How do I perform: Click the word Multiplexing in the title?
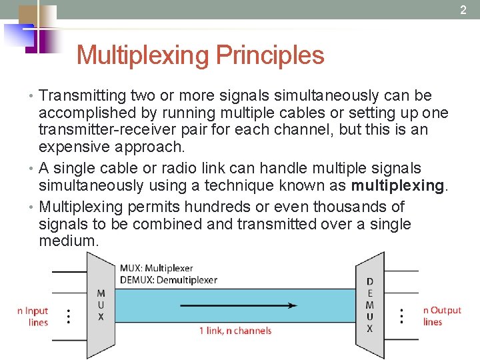click(141, 55)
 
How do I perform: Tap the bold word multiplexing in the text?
click(397, 186)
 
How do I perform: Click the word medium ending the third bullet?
click(68, 241)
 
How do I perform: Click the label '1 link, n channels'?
click(235, 331)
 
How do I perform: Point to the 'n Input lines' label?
click(33, 316)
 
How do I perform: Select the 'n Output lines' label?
click(441, 316)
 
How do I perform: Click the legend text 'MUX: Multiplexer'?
click(155, 268)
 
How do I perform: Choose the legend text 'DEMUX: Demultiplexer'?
click(168, 280)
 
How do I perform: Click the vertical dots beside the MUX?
click(69, 316)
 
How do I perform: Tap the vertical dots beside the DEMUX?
click(402, 316)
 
